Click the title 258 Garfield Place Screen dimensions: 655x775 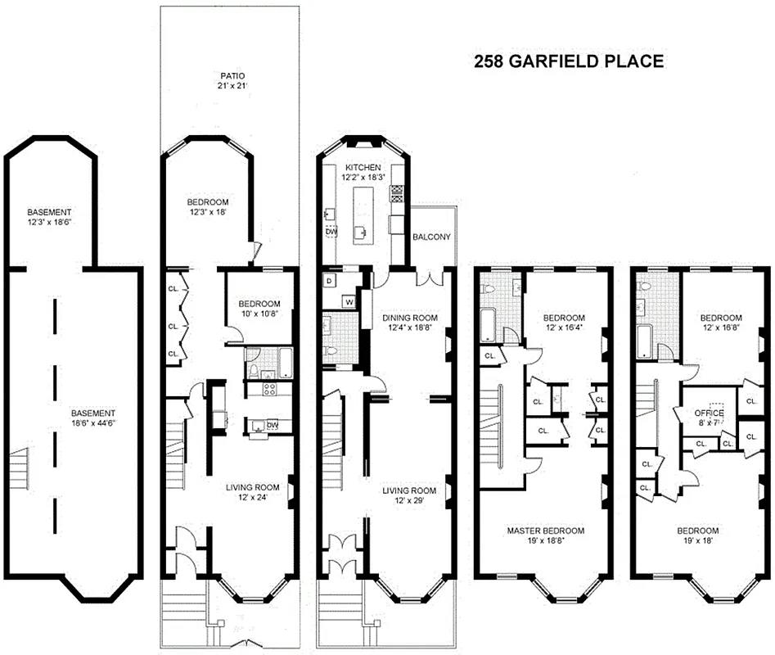tap(568, 62)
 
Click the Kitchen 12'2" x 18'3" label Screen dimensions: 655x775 tap(363, 173)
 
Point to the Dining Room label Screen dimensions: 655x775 tap(409, 323)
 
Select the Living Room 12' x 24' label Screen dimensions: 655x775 tap(252, 492)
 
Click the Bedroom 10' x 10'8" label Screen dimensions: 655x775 tap(259, 309)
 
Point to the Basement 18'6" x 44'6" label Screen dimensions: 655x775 tap(92, 418)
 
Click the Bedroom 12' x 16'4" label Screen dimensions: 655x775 tap(564, 323)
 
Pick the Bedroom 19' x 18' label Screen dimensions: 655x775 tap(697, 535)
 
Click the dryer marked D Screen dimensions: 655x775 tap(330, 281)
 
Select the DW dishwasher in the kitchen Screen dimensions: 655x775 tap(331, 233)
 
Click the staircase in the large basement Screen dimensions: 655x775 tap(18, 475)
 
